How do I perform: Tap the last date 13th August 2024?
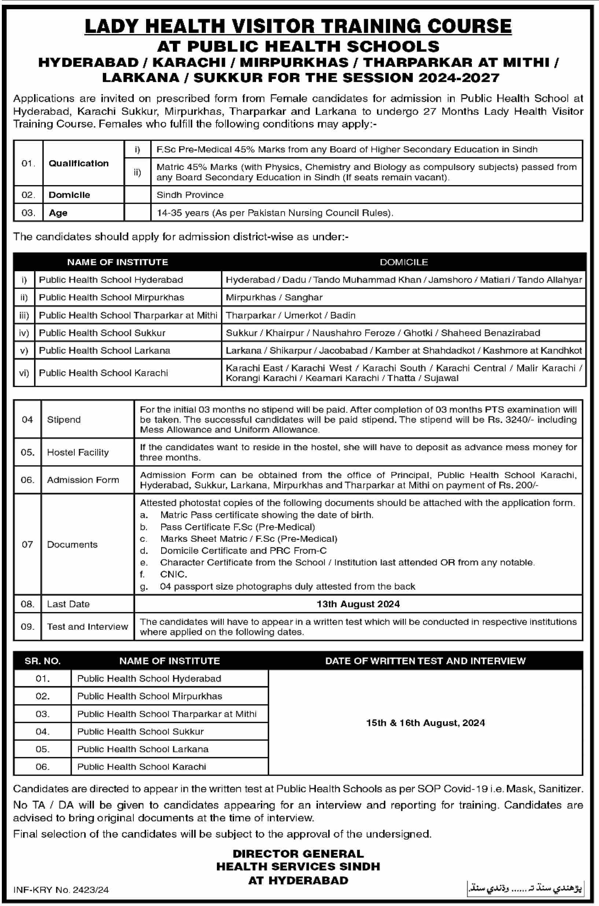click(358, 604)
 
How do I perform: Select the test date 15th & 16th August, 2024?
click(425, 723)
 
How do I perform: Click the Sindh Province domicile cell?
click(190, 195)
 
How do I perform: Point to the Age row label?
click(58, 213)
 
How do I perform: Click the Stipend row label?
click(64, 420)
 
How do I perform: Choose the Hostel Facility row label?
click(78, 452)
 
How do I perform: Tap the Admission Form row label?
click(83, 480)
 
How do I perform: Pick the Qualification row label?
click(79, 163)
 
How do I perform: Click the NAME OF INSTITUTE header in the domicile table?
click(117, 262)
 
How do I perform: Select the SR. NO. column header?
click(42, 661)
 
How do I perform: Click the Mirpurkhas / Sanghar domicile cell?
click(274, 297)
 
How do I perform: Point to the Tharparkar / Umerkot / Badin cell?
click(290, 315)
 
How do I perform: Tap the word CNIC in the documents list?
click(173, 574)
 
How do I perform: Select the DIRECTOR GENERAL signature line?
click(298, 854)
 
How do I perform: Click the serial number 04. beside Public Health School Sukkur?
click(42, 732)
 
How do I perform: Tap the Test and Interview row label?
click(88, 627)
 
